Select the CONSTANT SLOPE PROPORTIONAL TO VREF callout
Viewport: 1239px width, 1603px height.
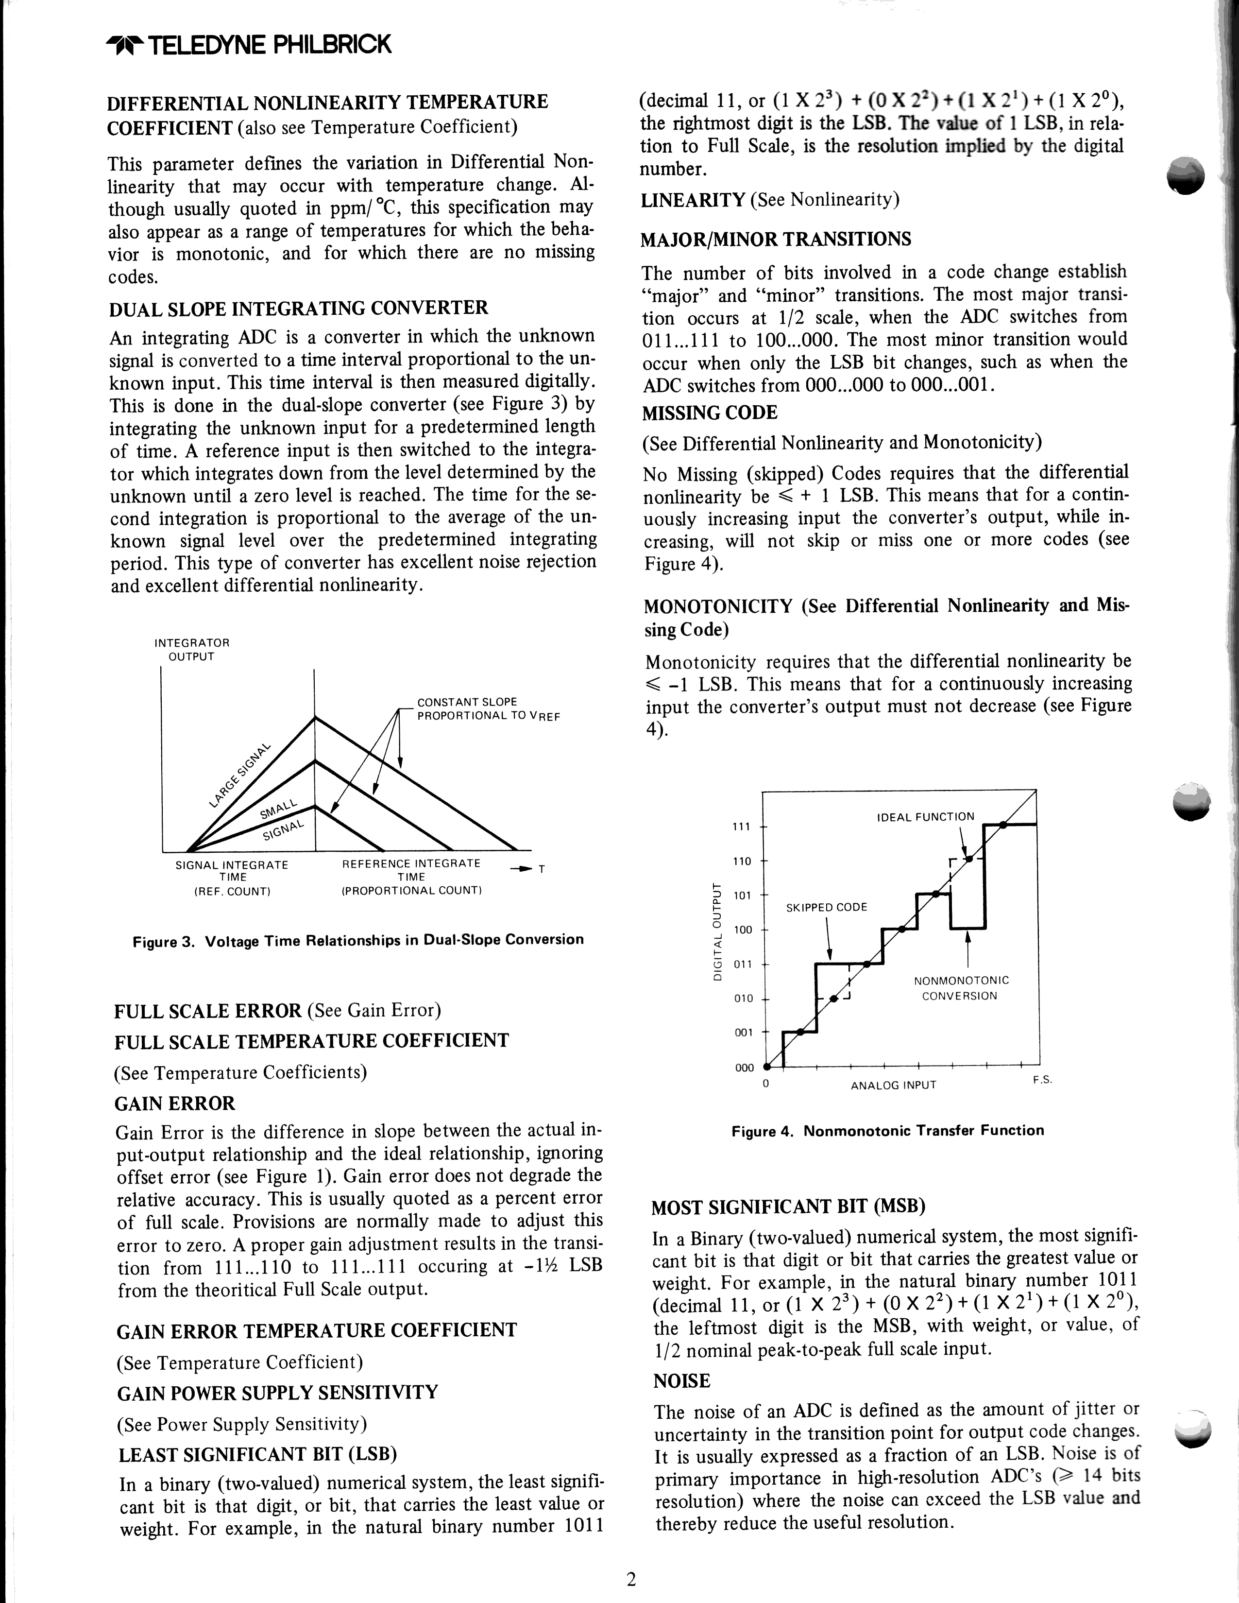[488, 709]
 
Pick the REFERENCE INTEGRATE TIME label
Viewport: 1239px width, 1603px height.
[411, 877]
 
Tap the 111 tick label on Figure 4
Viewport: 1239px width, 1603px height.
[742, 827]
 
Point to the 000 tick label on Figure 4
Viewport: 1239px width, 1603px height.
[744, 1067]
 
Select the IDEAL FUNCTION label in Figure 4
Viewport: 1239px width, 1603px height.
[926, 817]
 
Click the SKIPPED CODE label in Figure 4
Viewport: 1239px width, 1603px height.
[827, 907]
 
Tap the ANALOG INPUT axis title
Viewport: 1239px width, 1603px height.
[894, 1085]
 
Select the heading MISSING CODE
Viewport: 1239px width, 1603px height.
[710, 413]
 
